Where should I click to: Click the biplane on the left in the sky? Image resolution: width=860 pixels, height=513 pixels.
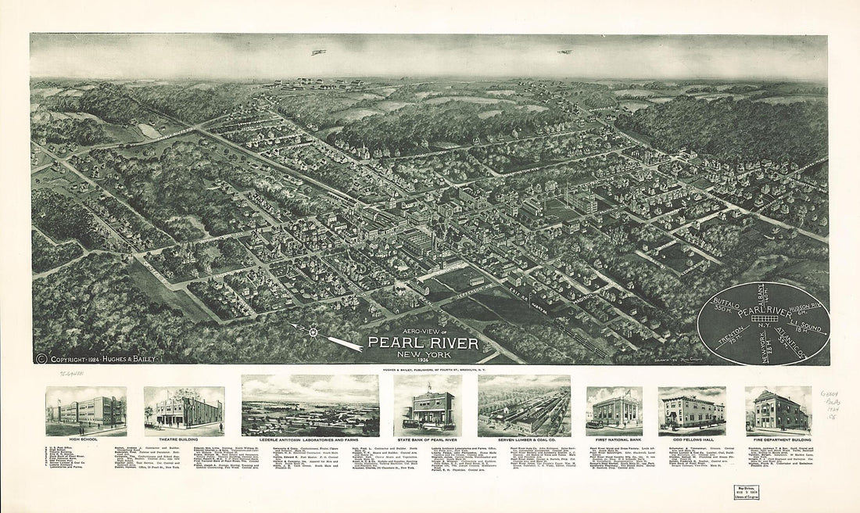click(x=318, y=52)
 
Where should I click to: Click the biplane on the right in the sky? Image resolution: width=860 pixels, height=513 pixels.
click(x=564, y=52)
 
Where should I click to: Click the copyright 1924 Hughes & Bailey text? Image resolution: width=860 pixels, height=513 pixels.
click(x=102, y=359)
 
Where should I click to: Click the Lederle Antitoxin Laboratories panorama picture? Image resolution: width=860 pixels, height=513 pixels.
click(x=310, y=405)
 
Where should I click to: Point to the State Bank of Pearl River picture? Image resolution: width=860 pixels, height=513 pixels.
click(x=428, y=405)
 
